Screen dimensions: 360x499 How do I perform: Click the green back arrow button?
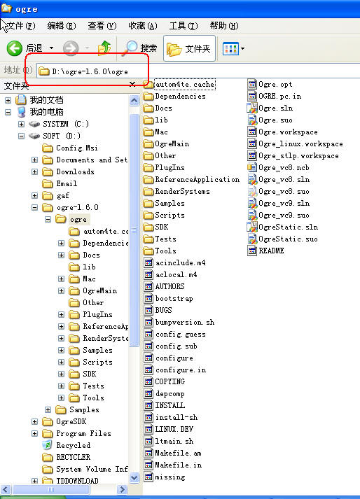click(15, 48)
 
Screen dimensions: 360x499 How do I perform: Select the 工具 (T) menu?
click(184, 25)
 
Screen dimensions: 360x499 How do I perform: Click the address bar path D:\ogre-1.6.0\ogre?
click(90, 71)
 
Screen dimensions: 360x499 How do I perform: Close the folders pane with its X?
click(132, 84)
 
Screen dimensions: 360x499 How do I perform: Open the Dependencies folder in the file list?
click(174, 96)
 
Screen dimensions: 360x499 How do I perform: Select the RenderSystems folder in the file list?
click(176, 191)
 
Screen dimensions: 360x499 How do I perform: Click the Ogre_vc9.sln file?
click(279, 203)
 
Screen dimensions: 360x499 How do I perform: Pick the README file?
click(265, 251)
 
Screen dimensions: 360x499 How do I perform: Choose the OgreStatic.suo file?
click(282, 239)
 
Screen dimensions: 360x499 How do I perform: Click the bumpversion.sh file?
click(179, 322)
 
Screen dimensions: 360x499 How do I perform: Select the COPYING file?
click(165, 381)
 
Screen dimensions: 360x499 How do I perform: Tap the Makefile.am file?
click(173, 453)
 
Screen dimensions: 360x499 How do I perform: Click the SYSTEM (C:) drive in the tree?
click(59, 124)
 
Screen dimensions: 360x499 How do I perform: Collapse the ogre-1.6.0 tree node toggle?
click(34, 207)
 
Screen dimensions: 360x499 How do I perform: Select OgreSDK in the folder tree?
click(64, 422)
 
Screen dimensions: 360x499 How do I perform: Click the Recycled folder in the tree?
click(67, 445)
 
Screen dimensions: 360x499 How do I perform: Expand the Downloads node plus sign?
click(34, 172)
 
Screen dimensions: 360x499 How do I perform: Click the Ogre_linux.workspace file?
click(295, 144)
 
